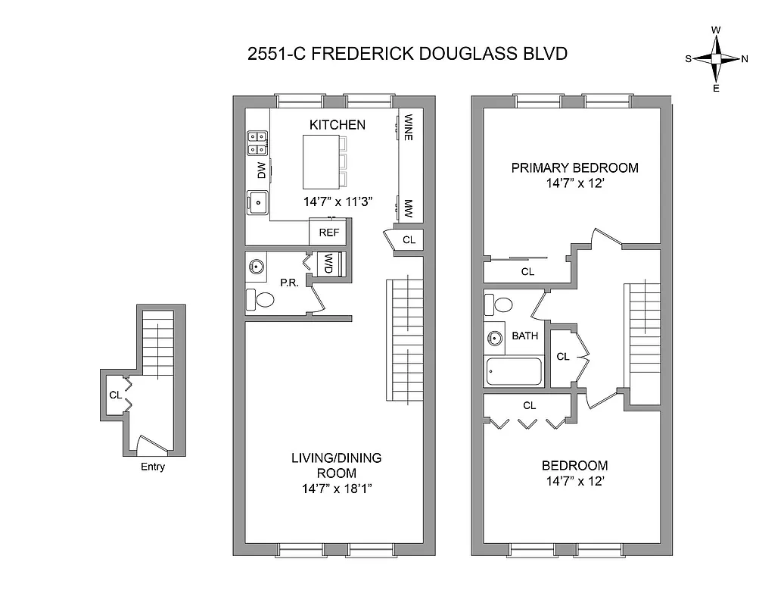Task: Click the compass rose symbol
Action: [x=716, y=59]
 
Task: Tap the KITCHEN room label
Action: [x=337, y=125]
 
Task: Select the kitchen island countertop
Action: [x=322, y=161]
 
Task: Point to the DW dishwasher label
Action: [x=261, y=170]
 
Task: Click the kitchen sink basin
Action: [x=258, y=202]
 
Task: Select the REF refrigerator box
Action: [x=328, y=233]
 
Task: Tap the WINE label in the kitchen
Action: [x=408, y=127]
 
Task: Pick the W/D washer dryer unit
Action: [x=330, y=264]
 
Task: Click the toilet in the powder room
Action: [x=261, y=300]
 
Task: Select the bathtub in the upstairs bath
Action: [x=514, y=372]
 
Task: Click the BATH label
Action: [x=524, y=336]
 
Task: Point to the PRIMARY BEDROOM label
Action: [x=574, y=167]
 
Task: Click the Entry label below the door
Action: [x=152, y=467]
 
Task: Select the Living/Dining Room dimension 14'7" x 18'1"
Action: [x=336, y=489]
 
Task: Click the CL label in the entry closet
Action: [x=115, y=395]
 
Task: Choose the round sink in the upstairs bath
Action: [x=495, y=338]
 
